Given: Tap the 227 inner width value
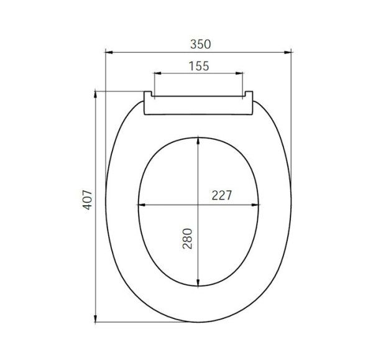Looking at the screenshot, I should [x=221, y=195].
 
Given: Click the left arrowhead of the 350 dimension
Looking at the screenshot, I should [x=108, y=53].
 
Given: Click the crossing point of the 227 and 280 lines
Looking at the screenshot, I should [x=198, y=205].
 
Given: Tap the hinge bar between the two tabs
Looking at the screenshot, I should [x=199, y=106].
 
